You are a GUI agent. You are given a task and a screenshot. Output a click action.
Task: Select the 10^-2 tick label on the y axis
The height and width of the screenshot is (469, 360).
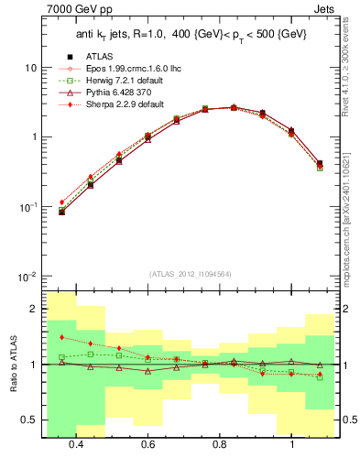click(27, 276)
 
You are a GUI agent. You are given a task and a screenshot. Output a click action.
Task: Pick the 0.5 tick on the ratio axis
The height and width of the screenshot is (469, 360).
click(28, 420)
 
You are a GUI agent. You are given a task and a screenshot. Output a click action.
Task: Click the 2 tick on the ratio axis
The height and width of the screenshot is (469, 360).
click(33, 309)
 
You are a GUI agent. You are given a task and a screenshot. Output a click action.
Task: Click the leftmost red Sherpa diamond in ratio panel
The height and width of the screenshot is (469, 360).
click(61, 337)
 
